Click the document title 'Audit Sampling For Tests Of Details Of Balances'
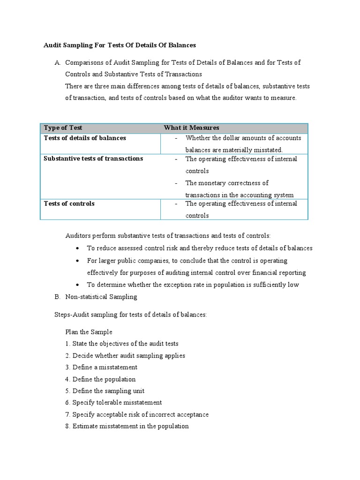pyautogui.click(x=120, y=45)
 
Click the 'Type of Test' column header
pyautogui.click(x=63, y=128)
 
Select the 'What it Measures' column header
pyautogui.click(x=191, y=128)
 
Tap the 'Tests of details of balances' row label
pyautogui.click(x=85, y=138)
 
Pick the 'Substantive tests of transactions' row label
pyautogui.click(x=93, y=159)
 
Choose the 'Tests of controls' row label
pyautogui.click(x=69, y=204)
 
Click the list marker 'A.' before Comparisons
pyautogui.click(x=58, y=62)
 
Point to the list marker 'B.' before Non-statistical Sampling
pyautogui.click(x=58, y=297)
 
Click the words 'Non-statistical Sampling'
pyautogui.click(x=101, y=297)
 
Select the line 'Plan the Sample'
pyautogui.click(x=89, y=332)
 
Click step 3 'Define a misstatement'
pyautogui.click(x=101, y=367)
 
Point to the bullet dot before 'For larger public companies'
pyautogui.click(x=78, y=261)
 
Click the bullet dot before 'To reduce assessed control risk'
pyautogui.click(x=78, y=248)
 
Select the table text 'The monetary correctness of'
pyautogui.click(x=227, y=183)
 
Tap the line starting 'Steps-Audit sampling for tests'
pyautogui.click(x=131, y=315)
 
